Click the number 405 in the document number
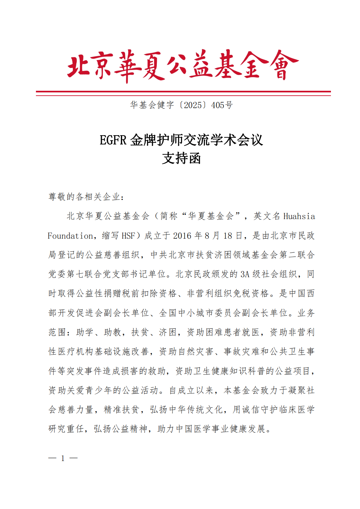(218, 105)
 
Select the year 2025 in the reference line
(193, 105)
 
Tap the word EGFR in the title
(113, 140)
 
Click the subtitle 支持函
(181, 159)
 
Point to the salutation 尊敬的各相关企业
(86, 197)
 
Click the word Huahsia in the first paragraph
(299, 216)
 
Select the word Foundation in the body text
(70, 236)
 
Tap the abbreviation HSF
(128, 236)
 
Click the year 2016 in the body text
(182, 236)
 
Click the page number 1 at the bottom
(63, 458)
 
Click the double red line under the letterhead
(183, 93)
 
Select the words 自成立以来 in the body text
(191, 390)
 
